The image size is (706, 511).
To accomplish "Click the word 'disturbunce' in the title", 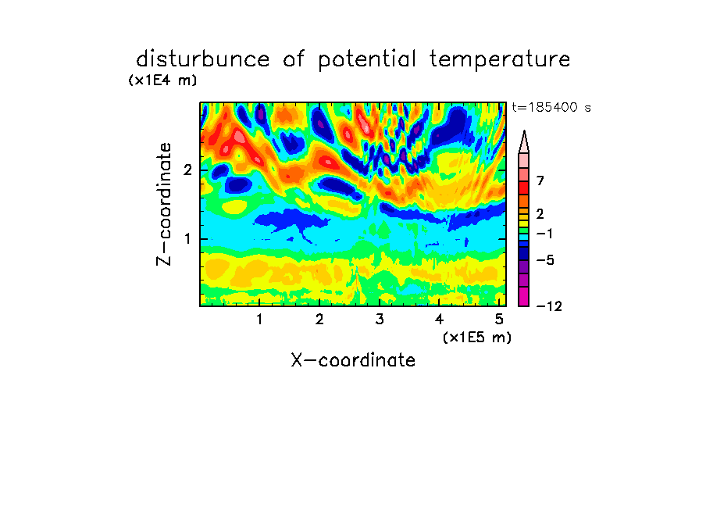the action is click(x=202, y=59).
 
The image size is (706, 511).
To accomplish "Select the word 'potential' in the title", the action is click(x=367, y=60).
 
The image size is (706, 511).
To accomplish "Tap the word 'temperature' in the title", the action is click(x=500, y=60).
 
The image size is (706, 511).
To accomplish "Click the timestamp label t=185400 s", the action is click(x=551, y=107).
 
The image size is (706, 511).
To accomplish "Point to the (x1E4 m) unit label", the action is click(x=162, y=80).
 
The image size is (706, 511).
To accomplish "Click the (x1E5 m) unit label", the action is click(x=477, y=337).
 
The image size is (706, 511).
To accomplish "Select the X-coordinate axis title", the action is click(x=353, y=360).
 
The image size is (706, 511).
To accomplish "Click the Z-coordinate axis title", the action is click(x=164, y=204).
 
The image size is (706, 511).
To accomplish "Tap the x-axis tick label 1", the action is click(x=260, y=319).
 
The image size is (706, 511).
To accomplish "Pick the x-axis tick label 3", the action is click(x=380, y=319).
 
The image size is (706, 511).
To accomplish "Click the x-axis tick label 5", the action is click(x=499, y=319).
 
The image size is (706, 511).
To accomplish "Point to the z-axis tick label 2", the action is click(x=187, y=170).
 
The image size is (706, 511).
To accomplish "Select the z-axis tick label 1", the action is click(x=187, y=239).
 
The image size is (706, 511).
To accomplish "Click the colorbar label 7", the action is click(x=540, y=181).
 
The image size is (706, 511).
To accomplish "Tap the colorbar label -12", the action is click(x=549, y=306).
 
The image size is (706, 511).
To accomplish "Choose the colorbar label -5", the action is click(x=545, y=260).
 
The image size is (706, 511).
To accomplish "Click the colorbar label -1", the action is click(x=544, y=234).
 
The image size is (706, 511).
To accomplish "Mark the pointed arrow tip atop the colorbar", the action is click(x=524, y=131).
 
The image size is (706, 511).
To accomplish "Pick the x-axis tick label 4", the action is click(x=439, y=319).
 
